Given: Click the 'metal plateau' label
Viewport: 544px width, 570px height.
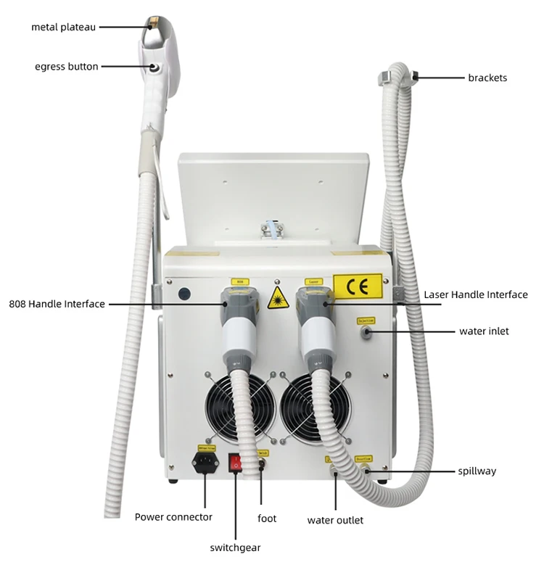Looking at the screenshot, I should (63, 27).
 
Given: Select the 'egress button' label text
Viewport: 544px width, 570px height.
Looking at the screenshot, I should (66, 67).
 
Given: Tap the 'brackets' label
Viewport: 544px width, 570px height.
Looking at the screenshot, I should (487, 78).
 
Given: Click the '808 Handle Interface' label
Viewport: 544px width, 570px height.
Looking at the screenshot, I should (57, 304).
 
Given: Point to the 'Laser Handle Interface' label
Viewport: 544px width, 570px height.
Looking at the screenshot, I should (475, 294).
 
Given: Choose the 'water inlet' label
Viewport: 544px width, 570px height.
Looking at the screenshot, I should (484, 331).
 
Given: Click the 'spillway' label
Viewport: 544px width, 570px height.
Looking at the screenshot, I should (477, 471).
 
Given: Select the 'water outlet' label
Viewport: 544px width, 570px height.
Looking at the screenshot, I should (335, 520).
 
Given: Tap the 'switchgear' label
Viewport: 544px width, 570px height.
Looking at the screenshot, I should (235, 548).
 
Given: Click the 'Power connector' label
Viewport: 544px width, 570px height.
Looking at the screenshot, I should (173, 517).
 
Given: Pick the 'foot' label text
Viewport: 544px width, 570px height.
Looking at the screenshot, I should (267, 519).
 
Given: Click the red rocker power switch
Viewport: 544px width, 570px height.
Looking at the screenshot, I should (236, 462).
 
